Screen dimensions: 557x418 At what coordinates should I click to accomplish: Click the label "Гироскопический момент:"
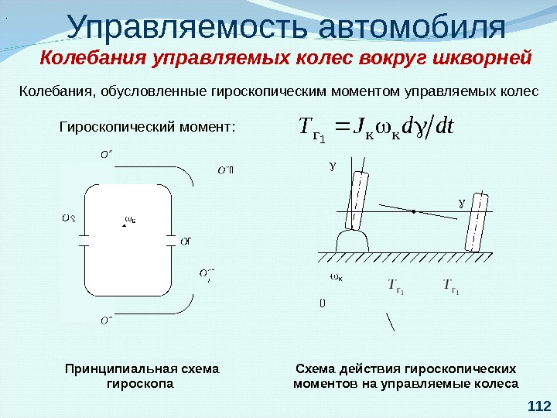point(146,125)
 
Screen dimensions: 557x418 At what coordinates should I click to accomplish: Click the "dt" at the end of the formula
point(444,125)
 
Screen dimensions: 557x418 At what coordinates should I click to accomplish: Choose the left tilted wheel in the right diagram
point(358,199)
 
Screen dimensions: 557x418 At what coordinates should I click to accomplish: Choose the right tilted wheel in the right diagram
point(475,221)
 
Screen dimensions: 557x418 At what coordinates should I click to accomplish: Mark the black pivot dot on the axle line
point(415,211)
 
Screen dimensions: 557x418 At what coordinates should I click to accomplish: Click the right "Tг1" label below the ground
point(452,287)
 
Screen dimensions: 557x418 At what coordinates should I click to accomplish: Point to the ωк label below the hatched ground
point(336,277)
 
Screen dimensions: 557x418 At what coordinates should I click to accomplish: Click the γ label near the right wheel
point(463,204)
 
